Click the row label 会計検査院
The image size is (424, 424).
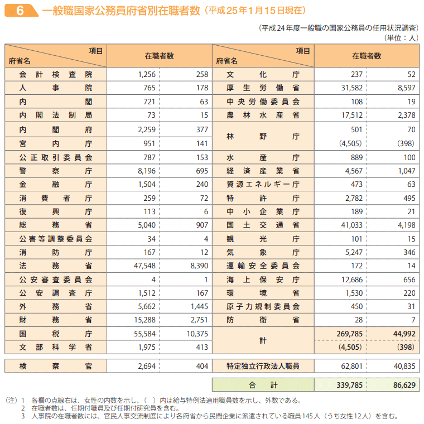point(55,74)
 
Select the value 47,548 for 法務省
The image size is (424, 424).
point(142,266)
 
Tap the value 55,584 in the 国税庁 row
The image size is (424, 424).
point(142,334)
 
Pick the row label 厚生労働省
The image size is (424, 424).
point(263,88)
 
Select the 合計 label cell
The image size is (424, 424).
point(263,385)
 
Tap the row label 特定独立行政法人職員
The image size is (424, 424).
point(263,367)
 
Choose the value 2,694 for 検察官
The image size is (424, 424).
point(144,367)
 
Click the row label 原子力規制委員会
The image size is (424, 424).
point(263,306)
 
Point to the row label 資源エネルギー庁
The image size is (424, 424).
point(263,184)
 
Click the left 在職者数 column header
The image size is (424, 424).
point(159,56)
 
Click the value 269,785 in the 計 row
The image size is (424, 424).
point(350,334)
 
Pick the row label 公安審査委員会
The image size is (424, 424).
point(55,279)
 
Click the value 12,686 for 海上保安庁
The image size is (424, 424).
point(350,279)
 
